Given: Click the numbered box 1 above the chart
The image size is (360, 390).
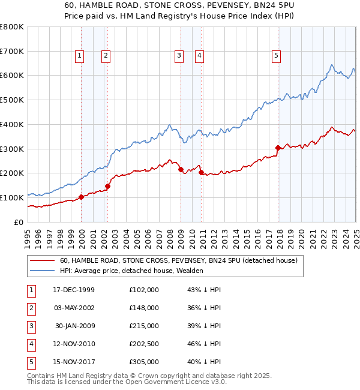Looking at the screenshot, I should [x=80, y=56].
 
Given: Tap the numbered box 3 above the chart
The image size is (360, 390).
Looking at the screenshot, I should [x=179, y=56].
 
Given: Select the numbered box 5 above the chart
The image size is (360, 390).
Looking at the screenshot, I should [x=276, y=56].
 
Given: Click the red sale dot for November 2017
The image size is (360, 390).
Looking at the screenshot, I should [x=278, y=148].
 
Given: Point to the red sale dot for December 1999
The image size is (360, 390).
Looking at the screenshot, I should [x=82, y=197].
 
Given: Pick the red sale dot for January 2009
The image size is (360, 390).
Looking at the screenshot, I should [x=181, y=170].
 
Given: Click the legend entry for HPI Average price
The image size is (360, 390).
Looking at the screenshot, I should [x=131, y=271].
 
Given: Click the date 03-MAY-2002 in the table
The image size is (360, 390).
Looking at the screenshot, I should [x=74, y=308].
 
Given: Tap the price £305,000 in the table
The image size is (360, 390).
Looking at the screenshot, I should [x=144, y=362].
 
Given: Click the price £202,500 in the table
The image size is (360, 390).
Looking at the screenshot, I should [x=144, y=344].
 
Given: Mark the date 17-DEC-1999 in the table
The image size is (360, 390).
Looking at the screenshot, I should [x=74, y=290].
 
